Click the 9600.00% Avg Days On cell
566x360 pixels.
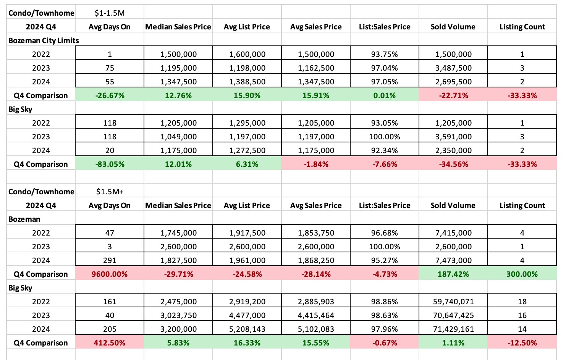click(110, 274)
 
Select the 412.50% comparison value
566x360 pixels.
click(110, 343)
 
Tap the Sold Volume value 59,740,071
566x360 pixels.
click(453, 302)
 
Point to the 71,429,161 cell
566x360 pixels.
click(453, 329)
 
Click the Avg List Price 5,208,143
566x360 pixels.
click(247, 329)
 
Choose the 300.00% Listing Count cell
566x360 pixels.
click(522, 274)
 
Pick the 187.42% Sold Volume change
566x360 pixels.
click(453, 274)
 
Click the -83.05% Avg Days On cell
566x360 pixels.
click(110, 164)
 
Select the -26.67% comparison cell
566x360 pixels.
click(110, 95)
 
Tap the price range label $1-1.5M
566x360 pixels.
click(110, 13)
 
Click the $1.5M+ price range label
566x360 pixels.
click(110, 192)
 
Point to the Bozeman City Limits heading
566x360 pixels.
click(44, 40)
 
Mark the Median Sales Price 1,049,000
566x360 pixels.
click(178, 137)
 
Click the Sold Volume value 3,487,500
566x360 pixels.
click(453, 68)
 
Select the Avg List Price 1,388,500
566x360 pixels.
click(247, 82)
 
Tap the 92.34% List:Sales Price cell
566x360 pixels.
click(385, 150)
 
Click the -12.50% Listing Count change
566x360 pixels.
click(522, 343)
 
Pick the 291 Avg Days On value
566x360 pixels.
click(110, 260)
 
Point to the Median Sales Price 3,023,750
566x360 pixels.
click(178, 315)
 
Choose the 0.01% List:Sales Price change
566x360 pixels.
click(385, 95)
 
